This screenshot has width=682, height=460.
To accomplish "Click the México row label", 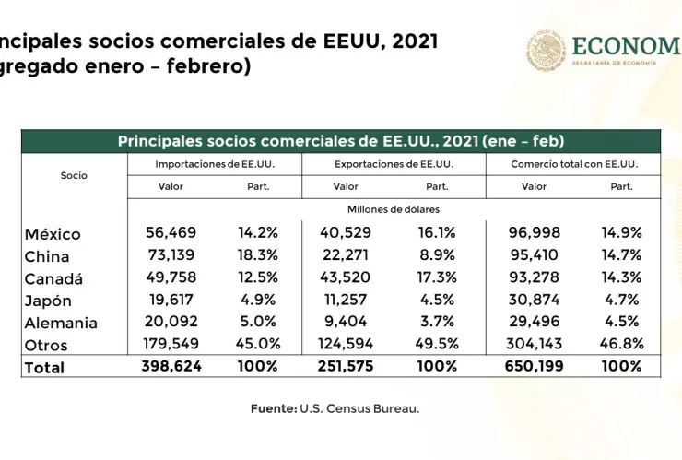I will coord(53,234).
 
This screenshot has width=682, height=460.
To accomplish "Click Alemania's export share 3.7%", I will coord(437,323).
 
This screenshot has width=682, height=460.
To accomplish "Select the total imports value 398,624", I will coord(170,366).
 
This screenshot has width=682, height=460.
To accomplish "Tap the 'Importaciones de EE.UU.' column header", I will coord(215,164).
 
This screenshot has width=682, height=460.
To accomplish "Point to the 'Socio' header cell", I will coord(74,175).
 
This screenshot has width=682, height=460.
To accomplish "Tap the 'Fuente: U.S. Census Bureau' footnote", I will coord(335,408).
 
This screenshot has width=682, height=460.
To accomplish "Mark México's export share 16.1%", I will coord(437,234).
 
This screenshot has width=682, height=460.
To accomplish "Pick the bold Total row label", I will coord(45,367).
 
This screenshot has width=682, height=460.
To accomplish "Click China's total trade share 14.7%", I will coord(621,256).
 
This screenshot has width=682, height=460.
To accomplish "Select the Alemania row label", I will coord(61,323).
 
